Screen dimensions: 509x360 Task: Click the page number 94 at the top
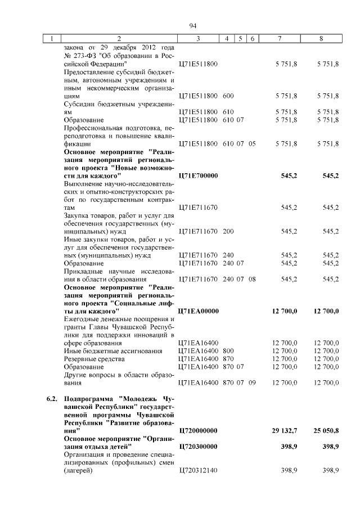click(192, 26)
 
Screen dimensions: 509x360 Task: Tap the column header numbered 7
click(280, 39)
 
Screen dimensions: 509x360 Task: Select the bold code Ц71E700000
click(198, 176)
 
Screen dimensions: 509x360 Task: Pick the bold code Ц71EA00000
click(198, 310)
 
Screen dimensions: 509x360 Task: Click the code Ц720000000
click(198, 430)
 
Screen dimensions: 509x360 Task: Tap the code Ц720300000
click(198, 446)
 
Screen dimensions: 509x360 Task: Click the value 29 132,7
click(285, 430)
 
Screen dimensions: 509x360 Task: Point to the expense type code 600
click(228, 96)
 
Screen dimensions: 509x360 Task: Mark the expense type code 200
click(228, 231)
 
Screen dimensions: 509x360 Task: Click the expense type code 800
click(228, 350)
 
